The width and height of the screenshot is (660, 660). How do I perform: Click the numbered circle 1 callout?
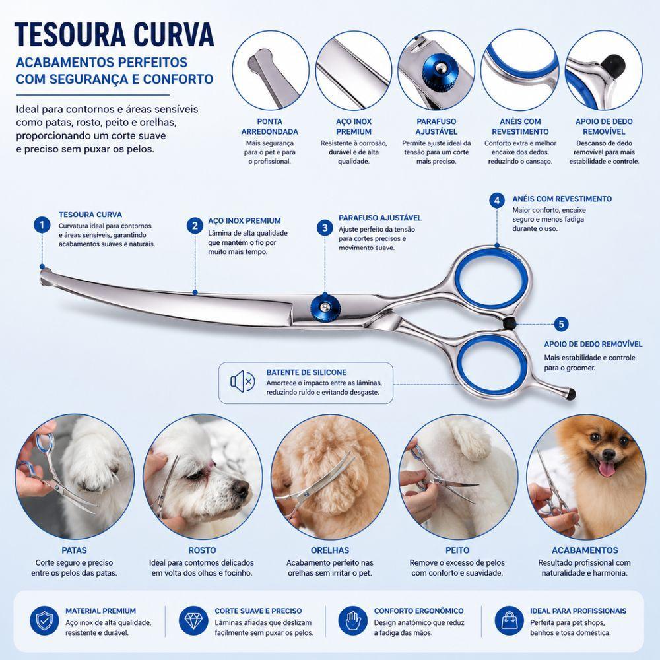42,225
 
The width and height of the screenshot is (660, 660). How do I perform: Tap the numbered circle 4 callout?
497,201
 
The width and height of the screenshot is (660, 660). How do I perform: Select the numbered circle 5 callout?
561,324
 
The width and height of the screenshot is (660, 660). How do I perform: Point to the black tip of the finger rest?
571,394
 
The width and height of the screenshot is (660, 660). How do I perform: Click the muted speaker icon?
242,381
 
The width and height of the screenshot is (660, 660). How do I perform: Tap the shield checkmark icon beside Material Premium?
44,620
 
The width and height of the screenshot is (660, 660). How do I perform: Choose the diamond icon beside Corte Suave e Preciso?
193,620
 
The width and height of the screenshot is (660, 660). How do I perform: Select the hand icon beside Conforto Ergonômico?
352,620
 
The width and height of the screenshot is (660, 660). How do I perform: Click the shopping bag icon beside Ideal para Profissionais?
509,620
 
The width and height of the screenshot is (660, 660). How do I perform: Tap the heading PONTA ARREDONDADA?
270,127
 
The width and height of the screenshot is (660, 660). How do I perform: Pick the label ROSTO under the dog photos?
203,550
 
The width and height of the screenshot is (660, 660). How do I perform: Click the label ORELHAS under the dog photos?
330,550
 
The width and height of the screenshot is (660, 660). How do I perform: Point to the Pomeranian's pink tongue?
607,468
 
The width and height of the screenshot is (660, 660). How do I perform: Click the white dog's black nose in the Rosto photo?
241,488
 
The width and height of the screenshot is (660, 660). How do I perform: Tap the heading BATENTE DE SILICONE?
306,372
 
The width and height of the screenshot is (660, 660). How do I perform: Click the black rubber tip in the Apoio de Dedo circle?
613,63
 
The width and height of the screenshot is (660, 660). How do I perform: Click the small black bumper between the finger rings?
509,323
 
